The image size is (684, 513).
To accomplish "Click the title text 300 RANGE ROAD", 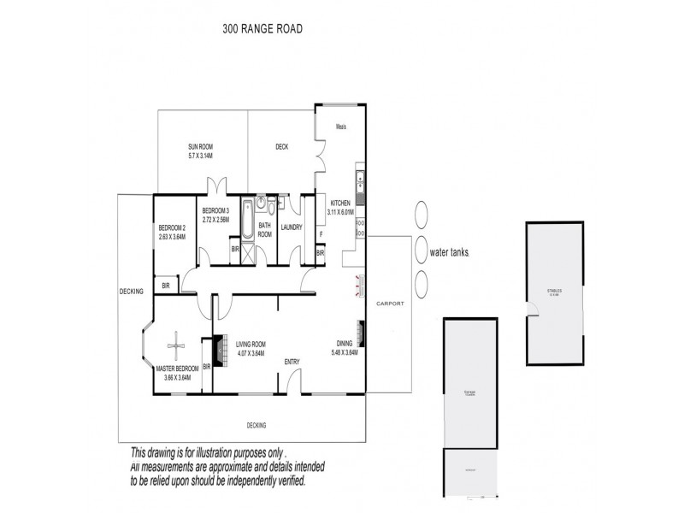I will coord(262,28).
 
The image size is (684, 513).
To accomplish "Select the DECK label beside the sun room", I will coord(281,147).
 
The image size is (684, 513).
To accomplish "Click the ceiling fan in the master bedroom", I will coord(177,345).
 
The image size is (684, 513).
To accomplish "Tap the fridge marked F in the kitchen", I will coord(321,233).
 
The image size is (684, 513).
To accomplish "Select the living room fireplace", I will coord(217,351).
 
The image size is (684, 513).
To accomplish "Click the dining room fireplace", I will coord(363,331).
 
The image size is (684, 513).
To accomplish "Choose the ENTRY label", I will coord(292,361).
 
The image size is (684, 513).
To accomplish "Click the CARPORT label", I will coord(389,304).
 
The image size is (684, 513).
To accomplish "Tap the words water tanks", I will coord(450,253).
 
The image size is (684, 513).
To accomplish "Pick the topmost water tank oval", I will coord(421,213).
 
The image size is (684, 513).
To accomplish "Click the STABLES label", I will coord(555,291).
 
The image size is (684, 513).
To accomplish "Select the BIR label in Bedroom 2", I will coord(166,286).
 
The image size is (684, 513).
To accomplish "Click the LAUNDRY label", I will coord(291,227).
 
